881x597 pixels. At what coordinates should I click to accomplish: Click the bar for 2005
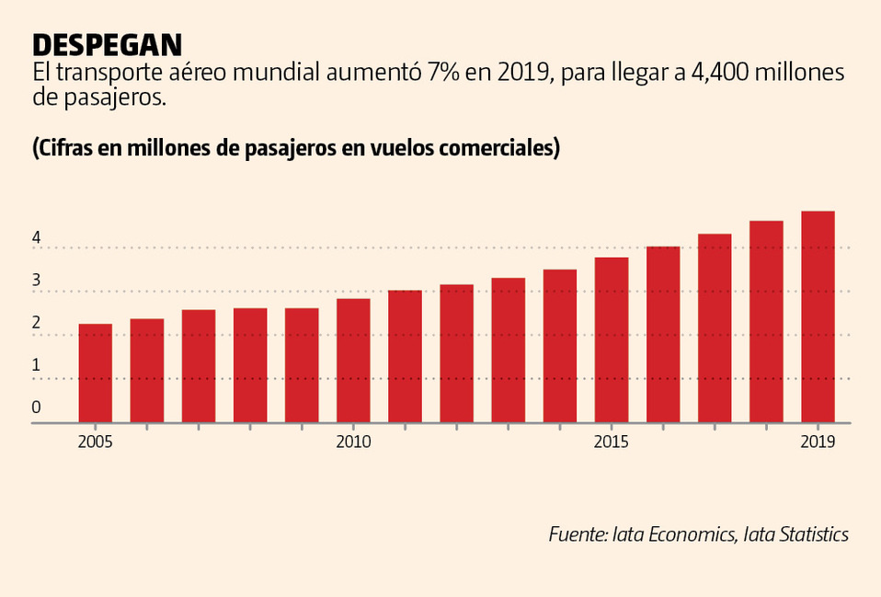pyautogui.click(x=95, y=373)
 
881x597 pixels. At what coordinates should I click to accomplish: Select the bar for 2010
pyautogui.click(x=353, y=361)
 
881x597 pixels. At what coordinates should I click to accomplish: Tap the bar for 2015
pyautogui.click(x=611, y=340)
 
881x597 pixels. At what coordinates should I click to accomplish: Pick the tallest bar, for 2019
pyautogui.click(x=818, y=317)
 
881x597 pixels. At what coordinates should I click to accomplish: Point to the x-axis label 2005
pyautogui.click(x=95, y=442)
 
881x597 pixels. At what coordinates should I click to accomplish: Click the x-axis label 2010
pyautogui.click(x=353, y=442)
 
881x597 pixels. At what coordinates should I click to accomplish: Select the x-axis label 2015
pyautogui.click(x=611, y=442)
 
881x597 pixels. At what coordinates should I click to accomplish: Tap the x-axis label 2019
pyautogui.click(x=818, y=442)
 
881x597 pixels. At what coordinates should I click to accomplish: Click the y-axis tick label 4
pyautogui.click(x=36, y=237)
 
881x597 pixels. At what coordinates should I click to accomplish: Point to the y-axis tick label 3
pyautogui.click(x=36, y=281)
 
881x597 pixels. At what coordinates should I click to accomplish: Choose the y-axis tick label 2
pyautogui.click(x=36, y=323)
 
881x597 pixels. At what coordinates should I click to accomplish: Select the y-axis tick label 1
pyautogui.click(x=36, y=365)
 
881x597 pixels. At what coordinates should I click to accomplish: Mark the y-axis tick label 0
pyautogui.click(x=36, y=407)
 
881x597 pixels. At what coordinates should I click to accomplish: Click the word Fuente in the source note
pyautogui.click(x=577, y=534)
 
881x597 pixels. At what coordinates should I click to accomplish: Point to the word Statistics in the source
pyautogui.click(x=809, y=534)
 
